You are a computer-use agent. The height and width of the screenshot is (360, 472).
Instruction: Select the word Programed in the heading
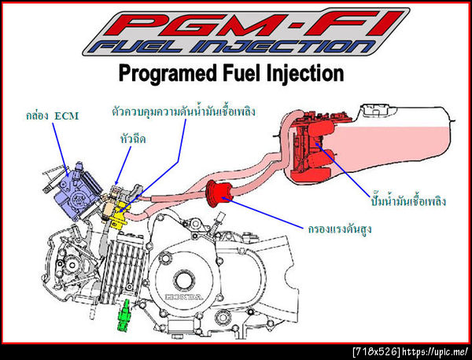coord(168,74)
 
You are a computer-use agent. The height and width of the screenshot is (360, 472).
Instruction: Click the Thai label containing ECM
coord(52,116)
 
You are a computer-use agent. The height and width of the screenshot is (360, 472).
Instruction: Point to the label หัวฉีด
coord(132,139)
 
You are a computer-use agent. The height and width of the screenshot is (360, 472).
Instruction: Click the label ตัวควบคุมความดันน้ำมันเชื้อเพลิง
coord(183,112)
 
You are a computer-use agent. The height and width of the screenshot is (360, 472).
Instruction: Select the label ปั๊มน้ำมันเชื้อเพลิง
coord(408,201)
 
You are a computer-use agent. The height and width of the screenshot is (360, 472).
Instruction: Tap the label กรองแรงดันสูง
coord(340,230)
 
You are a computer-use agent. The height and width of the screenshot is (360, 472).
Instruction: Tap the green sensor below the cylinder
coord(124,315)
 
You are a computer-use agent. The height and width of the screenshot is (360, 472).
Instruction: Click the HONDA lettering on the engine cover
coord(183,297)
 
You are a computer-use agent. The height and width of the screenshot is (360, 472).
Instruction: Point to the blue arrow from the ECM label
coord(61,149)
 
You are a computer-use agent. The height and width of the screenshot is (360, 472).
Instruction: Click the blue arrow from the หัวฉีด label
coord(124,165)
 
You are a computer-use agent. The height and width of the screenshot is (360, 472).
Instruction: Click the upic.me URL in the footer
coord(435,351)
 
